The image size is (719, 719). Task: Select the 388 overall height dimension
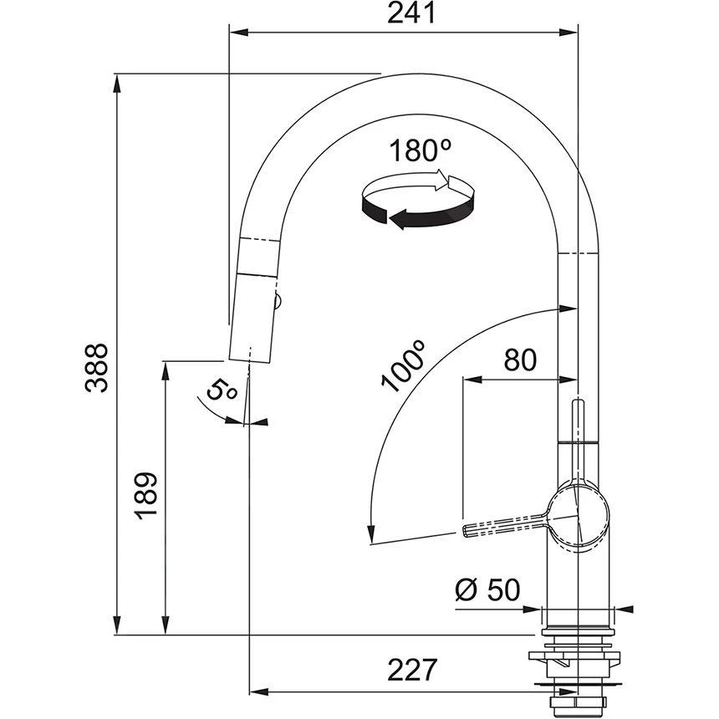pyautogui.click(x=97, y=368)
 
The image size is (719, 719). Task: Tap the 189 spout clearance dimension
pyautogui.click(x=145, y=496)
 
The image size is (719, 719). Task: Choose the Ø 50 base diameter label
pyautogui.click(x=487, y=589)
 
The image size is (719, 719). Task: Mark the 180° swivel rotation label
pyautogui.click(x=420, y=150)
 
